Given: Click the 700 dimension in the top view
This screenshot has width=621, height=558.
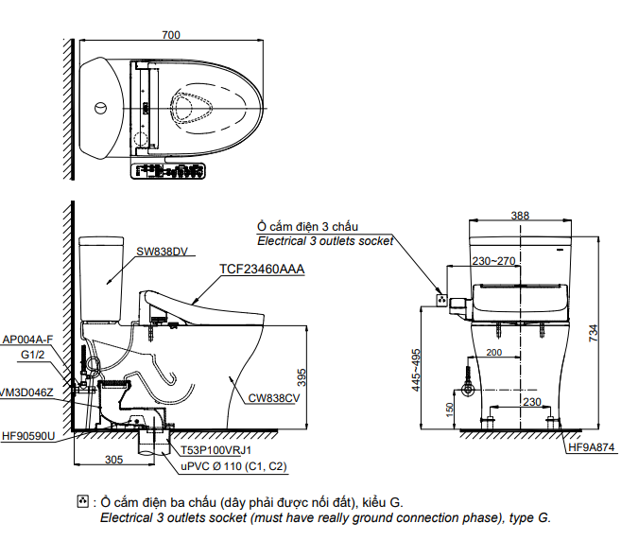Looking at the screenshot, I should [x=170, y=35].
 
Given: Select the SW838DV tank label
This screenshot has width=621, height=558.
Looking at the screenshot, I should [x=163, y=251].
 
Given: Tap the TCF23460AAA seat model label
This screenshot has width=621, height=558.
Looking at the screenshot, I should [x=262, y=269].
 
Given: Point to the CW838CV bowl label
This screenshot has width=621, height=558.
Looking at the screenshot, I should [x=275, y=398].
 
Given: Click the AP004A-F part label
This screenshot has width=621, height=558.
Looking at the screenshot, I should [x=27, y=339].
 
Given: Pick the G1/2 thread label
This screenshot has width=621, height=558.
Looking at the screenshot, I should [x=34, y=355].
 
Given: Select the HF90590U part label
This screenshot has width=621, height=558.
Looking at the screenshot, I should [x=28, y=436].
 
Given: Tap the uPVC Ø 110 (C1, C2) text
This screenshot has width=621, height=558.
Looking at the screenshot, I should [x=233, y=466].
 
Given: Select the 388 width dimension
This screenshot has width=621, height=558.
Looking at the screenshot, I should [x=520, y=215].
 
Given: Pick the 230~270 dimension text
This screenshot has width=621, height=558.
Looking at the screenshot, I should [x=494, y=260].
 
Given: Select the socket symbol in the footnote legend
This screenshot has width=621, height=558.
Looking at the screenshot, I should [x=83, y=500].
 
